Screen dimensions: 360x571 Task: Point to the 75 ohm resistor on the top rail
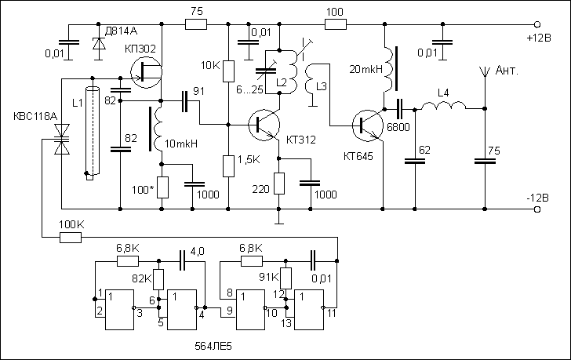click(196, 25)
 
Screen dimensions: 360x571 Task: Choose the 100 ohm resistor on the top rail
click(334, 25)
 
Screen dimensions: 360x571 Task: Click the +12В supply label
click(539, 37)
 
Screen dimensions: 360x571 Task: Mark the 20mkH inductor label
click(365, 70)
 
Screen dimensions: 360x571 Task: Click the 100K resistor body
click(71, 237)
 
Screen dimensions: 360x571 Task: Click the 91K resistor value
click(267, 278)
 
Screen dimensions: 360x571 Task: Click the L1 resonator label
click(76, 103)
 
